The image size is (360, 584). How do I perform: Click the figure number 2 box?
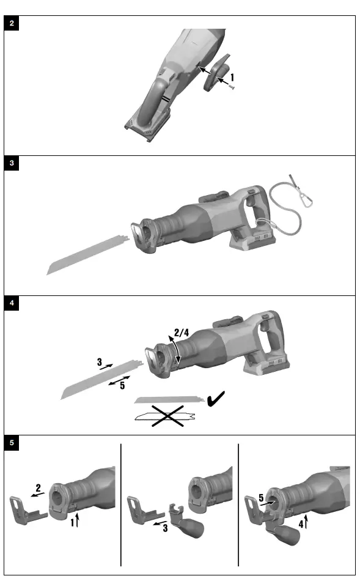(x=12, y=24)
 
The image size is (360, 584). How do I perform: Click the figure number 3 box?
(x=12, y=163)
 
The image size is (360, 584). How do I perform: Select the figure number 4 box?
(x=12, y=303)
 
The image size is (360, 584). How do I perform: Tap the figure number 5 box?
(x=12, y=442)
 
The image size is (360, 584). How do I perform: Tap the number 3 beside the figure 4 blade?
(x=99, y=362)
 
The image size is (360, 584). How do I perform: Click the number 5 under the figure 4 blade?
(x=122, y=385)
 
